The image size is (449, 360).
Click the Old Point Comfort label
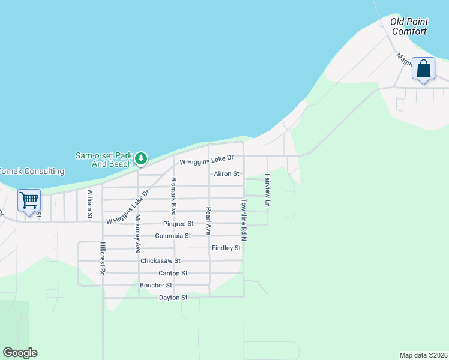tap(408, 26)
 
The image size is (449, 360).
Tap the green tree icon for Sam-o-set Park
tap(141, 158)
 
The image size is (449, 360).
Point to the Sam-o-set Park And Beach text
tap(103, 159)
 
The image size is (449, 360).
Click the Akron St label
tap(227, 174)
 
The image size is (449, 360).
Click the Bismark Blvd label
tap(173, 196)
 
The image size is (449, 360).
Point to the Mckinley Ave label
tap(137, 233)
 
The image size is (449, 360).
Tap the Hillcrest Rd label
tap(103, 259)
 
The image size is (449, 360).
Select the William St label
tap(89, 203)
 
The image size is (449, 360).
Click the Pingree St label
tap(178, 224)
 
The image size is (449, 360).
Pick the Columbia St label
tap(173, 236)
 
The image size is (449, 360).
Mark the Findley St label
tap(226, 248)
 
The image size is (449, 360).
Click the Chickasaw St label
tap(160, 261)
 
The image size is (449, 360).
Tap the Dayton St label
tap(173, 298)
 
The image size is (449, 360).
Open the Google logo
tap(20, 353)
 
